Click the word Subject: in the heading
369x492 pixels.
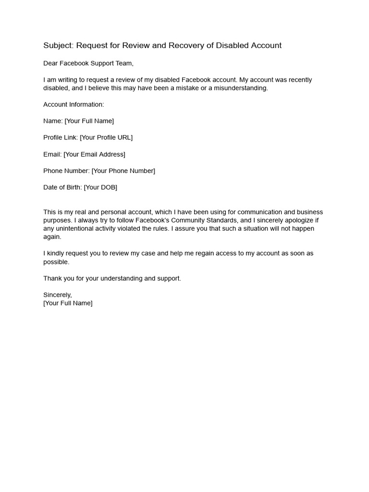point(59,46)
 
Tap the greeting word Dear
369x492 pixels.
point(51,63)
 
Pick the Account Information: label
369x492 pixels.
point(74,105)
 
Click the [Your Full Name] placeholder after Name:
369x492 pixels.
point(89,121)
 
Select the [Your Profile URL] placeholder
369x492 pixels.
point(106,137)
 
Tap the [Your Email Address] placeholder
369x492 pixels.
point(94,154)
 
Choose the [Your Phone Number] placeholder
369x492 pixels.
point(123,171)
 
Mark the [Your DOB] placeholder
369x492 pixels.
point(100,187)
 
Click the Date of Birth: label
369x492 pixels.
point(62,187)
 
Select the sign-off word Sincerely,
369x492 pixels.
point(58,295)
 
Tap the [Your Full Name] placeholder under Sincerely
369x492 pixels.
point(68,303)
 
